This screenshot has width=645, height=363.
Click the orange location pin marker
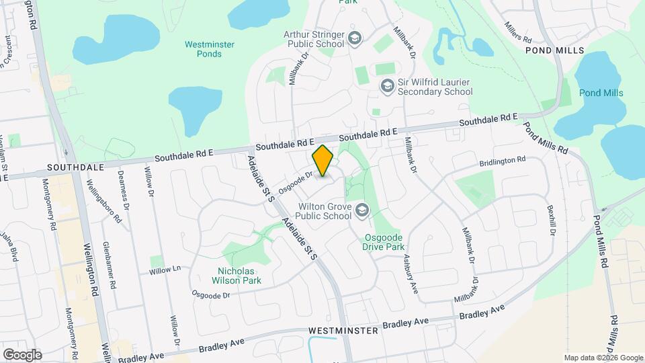[323, 161]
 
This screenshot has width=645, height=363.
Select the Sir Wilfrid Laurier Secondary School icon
[386, 86]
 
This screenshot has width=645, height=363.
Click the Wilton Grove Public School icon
[363, 210]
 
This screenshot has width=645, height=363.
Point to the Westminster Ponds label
[209, 49]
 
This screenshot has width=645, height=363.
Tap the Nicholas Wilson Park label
[233, 274]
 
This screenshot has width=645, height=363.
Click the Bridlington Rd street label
[503, 162]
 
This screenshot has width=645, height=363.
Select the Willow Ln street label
[165, 270]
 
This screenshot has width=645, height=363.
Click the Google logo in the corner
[22, 354]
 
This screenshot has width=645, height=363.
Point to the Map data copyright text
[603, 358]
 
